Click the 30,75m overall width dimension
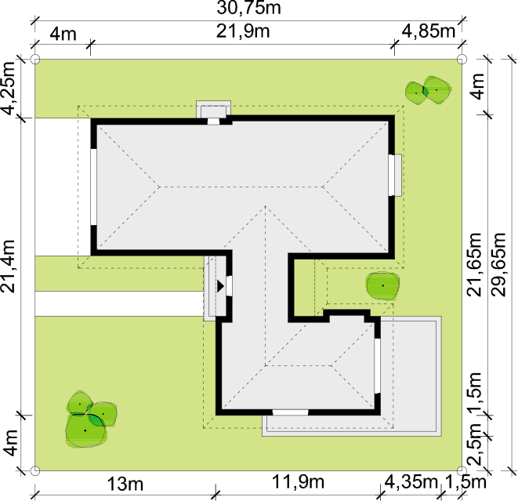(x=248, y=8)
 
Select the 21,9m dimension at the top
(x=243, y=31)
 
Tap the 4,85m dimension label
(x=429, y=31)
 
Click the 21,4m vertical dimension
(x=8, y=267)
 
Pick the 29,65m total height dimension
(x=499, y=265)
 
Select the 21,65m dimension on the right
(x=475, y=265)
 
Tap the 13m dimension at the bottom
(x=125, y=485)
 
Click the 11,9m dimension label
(x=298, y=482)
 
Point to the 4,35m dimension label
(x=411, y=482)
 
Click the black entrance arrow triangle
(x=220, y=286)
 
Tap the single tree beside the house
(x=382, y=286)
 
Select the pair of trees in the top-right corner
(x=428, y=90)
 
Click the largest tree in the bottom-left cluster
(x=85, y=430)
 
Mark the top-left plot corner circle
(x=35, y=60)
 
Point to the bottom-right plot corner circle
(x=462, y=471)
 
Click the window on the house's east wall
(x=394, y=175)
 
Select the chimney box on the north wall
(x=213, y=110)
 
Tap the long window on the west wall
(x=93, y=187)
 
